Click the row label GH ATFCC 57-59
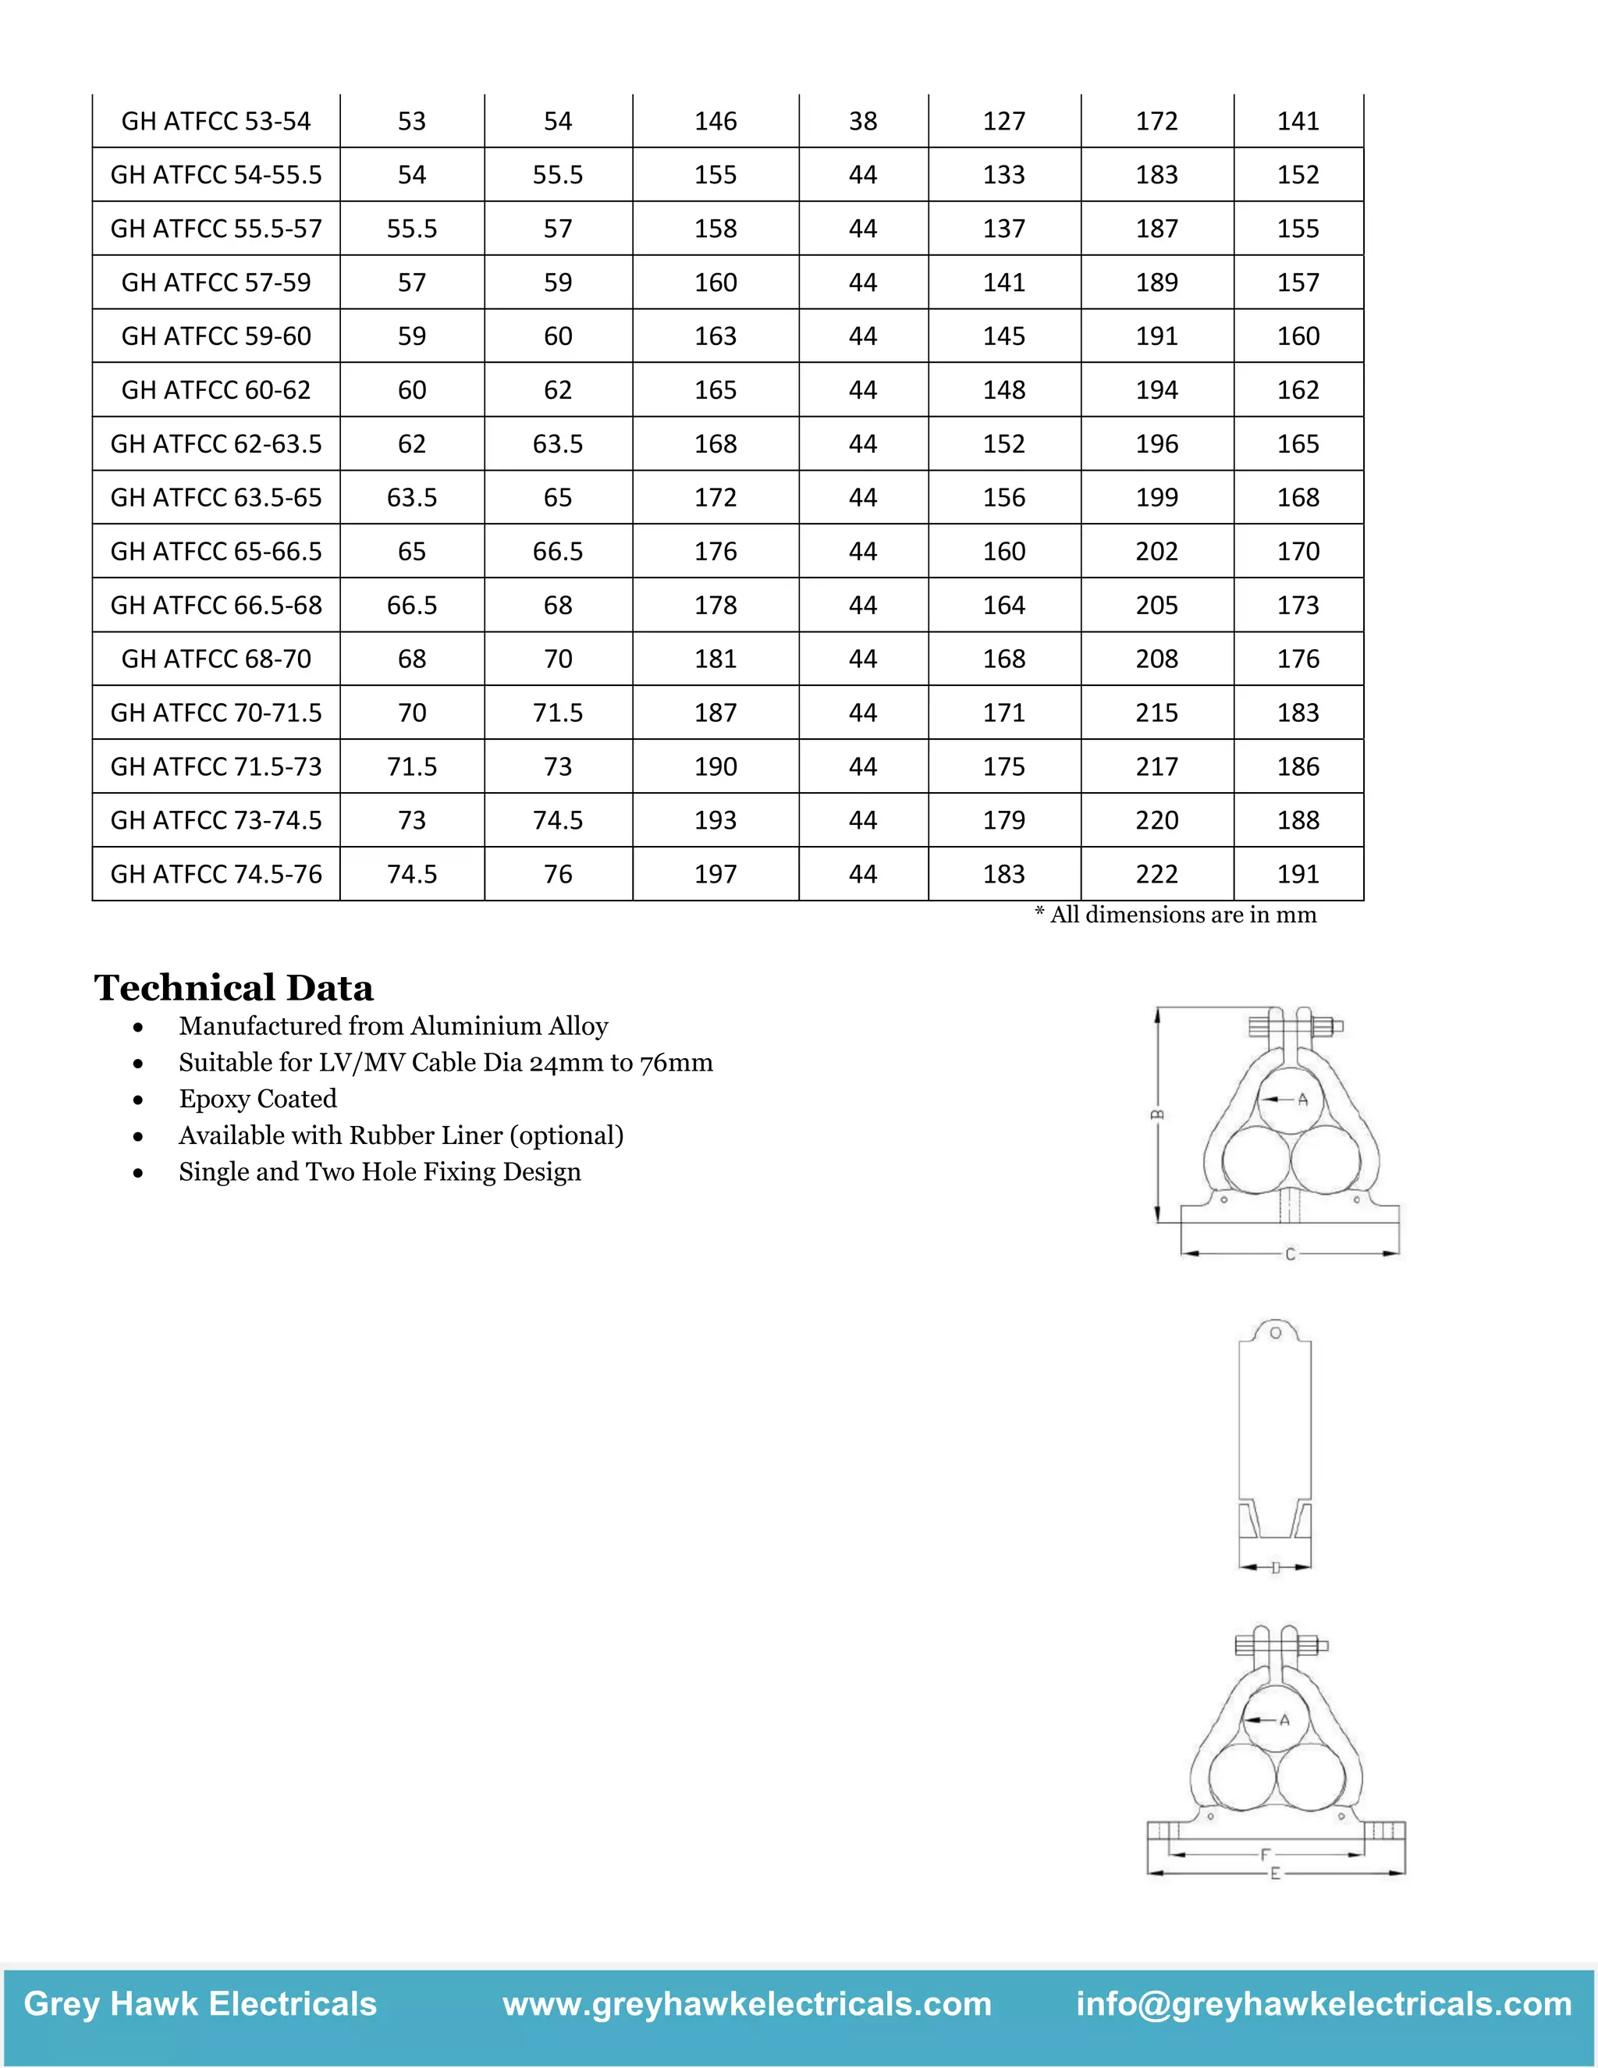pos(216,282)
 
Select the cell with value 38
pos(862,121)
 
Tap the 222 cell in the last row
pos(1157,874)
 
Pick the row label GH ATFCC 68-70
pos(216,659)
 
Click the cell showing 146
pos(715,121)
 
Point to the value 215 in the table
pos(1157,713)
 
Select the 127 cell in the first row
pos(1003,121)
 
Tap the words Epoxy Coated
pos(257,1099)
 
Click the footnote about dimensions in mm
pos(1175,915)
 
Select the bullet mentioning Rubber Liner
pos(400,1135)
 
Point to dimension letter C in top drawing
pos(1289,1254)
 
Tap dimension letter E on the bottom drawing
pos(1274,1873)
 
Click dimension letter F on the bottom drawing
pos(1266,1854)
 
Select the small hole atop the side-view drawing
pos(1275,1333)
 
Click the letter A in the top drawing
pos(1302,1100)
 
